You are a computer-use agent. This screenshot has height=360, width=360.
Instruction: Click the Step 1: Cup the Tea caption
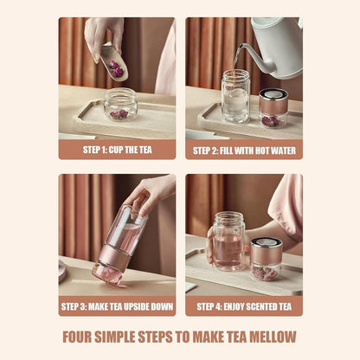(x=117, y=149)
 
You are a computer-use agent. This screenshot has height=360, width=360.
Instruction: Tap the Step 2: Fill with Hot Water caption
(x=244, y=149)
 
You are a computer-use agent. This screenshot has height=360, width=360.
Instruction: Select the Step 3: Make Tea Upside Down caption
(x=117, y=305)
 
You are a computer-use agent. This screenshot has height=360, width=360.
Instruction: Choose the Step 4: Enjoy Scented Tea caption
(x=244, y=305)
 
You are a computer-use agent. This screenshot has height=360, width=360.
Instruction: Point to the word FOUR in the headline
(x=81, y=337)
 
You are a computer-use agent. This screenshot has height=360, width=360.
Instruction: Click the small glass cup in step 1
(x=120, y=104)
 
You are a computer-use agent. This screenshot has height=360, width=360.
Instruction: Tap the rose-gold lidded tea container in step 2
(x=273, y=107)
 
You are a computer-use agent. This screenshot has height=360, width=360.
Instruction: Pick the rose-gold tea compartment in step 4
(x=266, y=258)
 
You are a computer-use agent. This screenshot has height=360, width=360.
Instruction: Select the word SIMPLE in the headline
(x=123, y=337)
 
